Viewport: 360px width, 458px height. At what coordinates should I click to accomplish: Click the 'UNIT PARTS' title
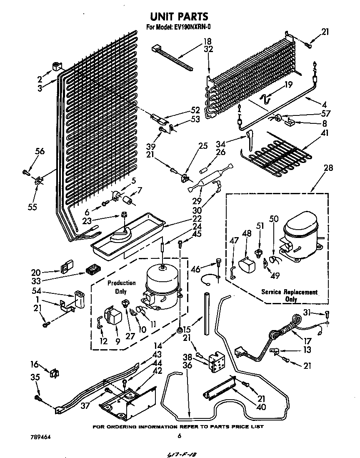coord(179,17)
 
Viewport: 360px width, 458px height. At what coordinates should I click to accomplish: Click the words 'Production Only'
coord(121,287)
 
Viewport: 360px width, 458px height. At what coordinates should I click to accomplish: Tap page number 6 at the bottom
coord(179,436)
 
